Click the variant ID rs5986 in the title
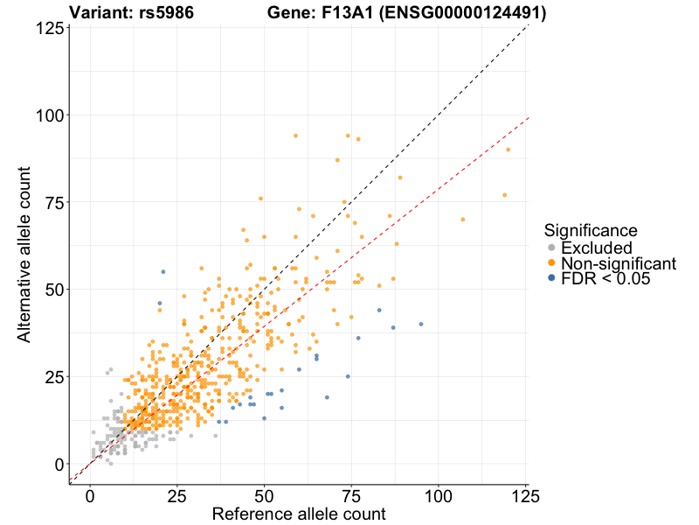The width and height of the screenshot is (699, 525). coord(166,13)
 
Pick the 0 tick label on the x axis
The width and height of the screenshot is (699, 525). coord(90,496)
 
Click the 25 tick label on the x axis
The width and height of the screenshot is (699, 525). coord(177,496)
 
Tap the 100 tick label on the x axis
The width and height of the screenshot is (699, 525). coord(439,496)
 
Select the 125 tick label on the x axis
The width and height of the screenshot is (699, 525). coord(525,496)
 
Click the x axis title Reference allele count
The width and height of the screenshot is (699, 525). coord(299,514)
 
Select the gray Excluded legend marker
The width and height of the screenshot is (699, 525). coord(551,248)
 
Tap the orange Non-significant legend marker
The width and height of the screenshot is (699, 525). coord(551,263)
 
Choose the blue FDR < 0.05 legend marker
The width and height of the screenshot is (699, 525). coord(551,278)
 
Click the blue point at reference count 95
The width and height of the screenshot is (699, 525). coord(421,324)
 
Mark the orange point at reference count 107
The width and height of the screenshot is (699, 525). coord(463,219)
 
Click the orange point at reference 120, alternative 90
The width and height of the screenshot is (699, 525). coord(508,150)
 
